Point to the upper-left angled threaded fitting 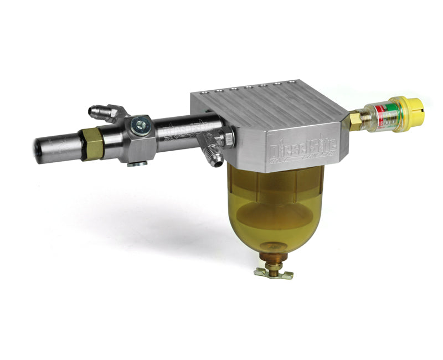pyautogui.click(x=102, y=113)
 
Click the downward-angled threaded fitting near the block pyautogui.click(x=213, y=156)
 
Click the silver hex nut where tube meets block pyautogui.click(x=227, y=137)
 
